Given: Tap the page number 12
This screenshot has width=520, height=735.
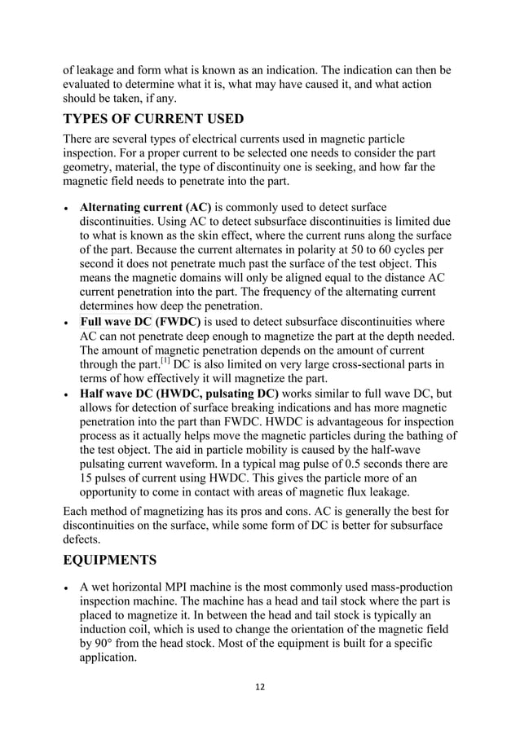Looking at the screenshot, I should click(x=259, y=687).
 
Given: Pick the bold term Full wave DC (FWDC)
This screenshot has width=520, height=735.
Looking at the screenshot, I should click(x=139, y=321).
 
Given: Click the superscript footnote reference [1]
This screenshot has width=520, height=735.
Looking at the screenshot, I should click(x=167, y=363).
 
